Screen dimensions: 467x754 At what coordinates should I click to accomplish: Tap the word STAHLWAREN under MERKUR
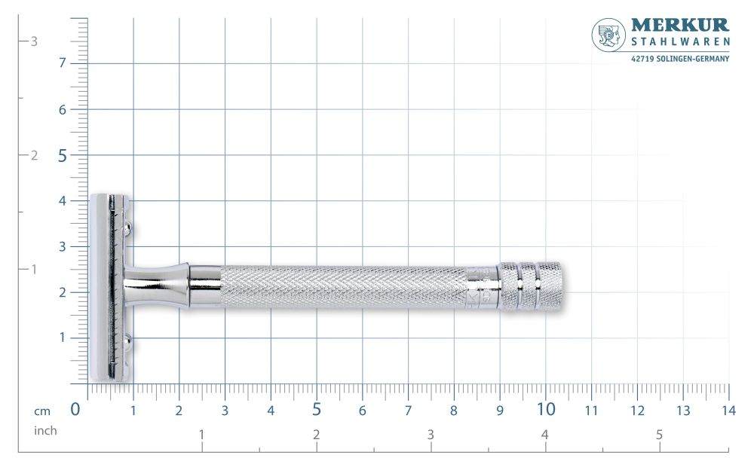click(x=679, y=44)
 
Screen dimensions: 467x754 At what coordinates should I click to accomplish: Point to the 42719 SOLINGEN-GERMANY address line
click(x=679, y=58)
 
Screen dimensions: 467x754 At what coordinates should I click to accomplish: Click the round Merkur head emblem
click(x=608, y=35)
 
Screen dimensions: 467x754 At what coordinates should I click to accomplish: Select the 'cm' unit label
click(x=42, y=411)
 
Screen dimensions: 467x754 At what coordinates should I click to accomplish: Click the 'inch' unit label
click(x=45, y=431)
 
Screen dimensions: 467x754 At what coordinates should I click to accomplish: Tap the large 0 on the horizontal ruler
click(x=75, y=410)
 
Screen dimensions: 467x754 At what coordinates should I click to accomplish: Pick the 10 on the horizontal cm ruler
click(x=546, y=410)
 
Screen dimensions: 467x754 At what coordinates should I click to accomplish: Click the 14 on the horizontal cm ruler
click(x=728, y=411)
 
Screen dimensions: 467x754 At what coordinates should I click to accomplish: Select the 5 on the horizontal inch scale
click(x=659, y=435)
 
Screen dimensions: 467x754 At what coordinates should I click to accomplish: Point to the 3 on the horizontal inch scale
click(x=431, y=435)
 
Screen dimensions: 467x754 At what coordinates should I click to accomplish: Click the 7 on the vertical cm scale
click(x=63, y=63)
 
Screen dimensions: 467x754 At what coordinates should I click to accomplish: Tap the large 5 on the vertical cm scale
click(x=63, y=156)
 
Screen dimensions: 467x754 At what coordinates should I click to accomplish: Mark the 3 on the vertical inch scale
click(x=34, y=41)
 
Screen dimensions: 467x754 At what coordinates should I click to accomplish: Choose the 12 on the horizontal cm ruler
click(x=637, y=411)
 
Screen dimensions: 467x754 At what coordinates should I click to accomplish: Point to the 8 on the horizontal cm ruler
click(x=453, y=411)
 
